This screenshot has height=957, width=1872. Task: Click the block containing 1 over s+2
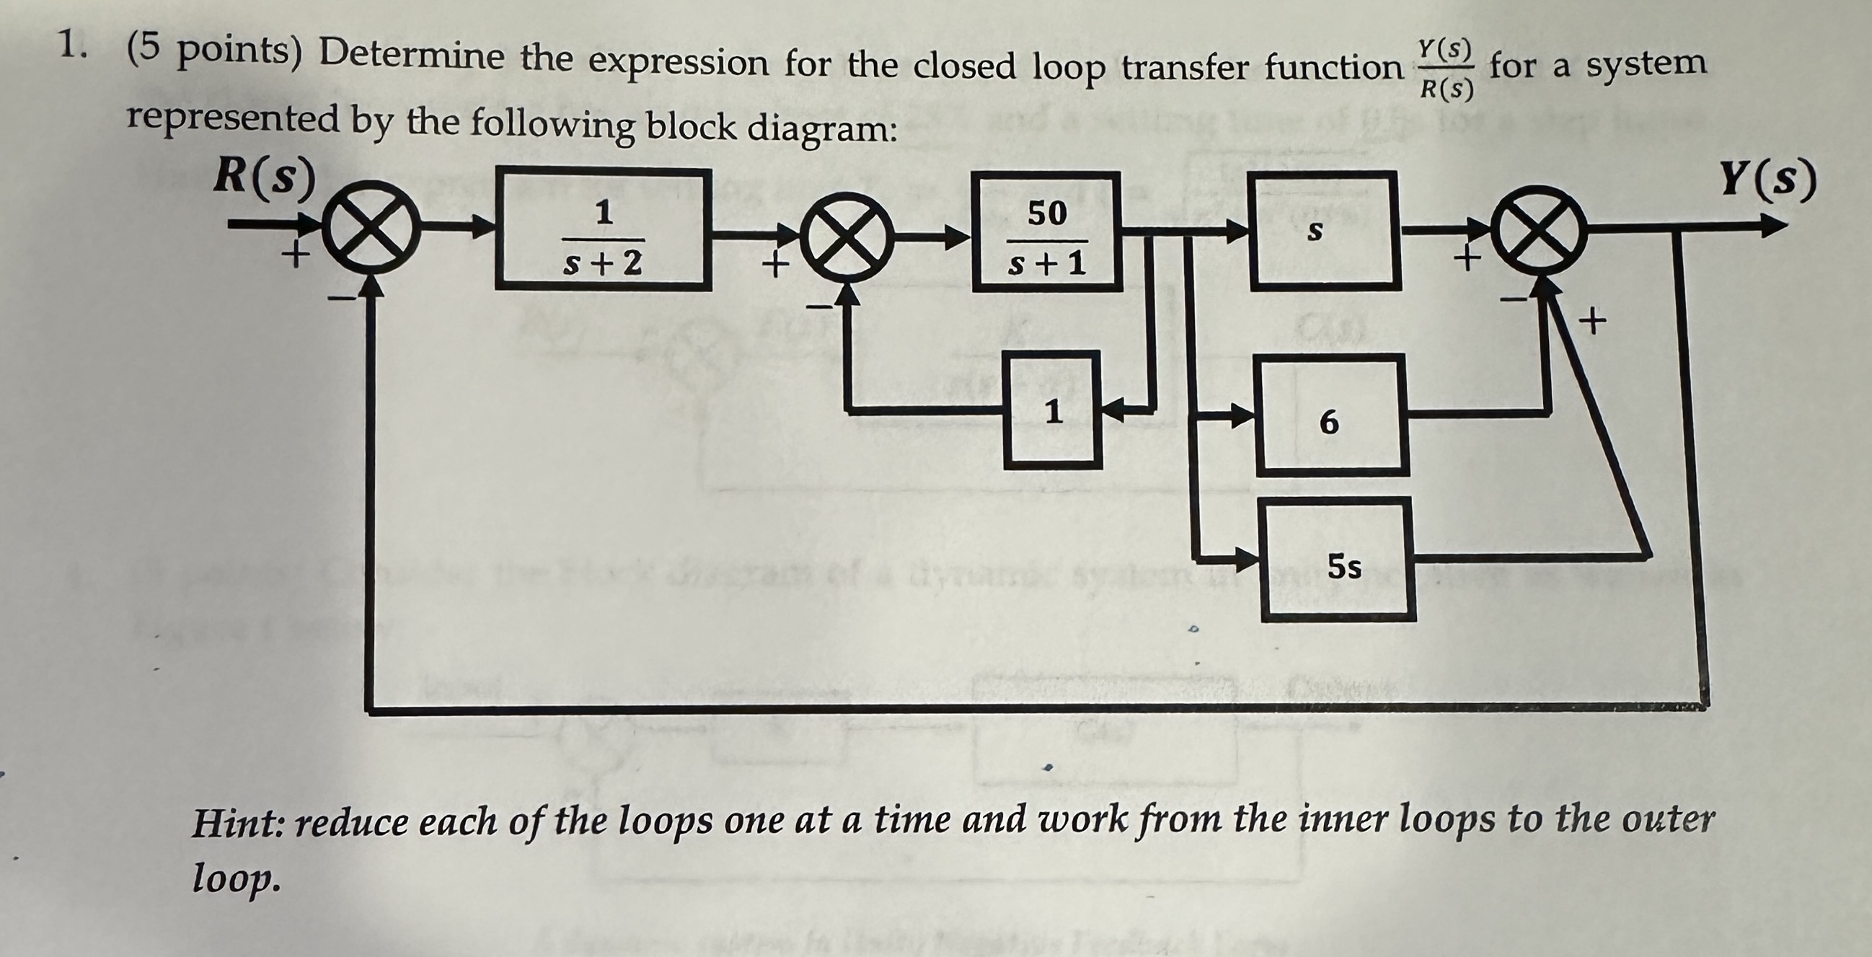pos(603,229)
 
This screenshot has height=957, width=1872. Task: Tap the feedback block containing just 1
pos(1053,410)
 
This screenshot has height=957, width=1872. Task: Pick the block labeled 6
pos(1332,415)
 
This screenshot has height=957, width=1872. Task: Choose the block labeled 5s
pos(1338,560)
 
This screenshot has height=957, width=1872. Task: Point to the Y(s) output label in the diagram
pos(1767,180)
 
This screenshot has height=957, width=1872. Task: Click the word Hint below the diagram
pos(239,824)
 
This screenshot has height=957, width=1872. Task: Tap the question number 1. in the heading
pos(73,46)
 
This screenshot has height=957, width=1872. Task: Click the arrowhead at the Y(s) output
pos(1773,227)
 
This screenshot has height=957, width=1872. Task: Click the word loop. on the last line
pos(236,878)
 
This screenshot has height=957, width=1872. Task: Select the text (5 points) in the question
pos(214,51)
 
